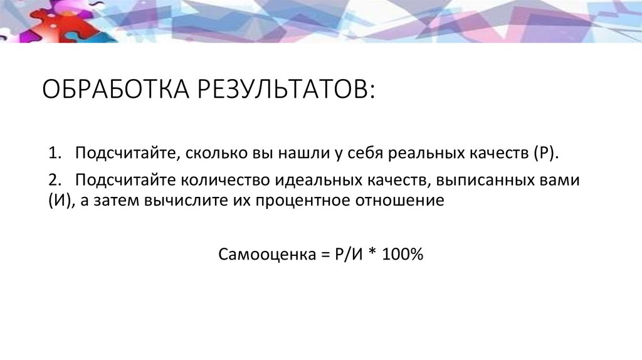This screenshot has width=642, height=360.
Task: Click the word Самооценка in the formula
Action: tap(258, 255)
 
